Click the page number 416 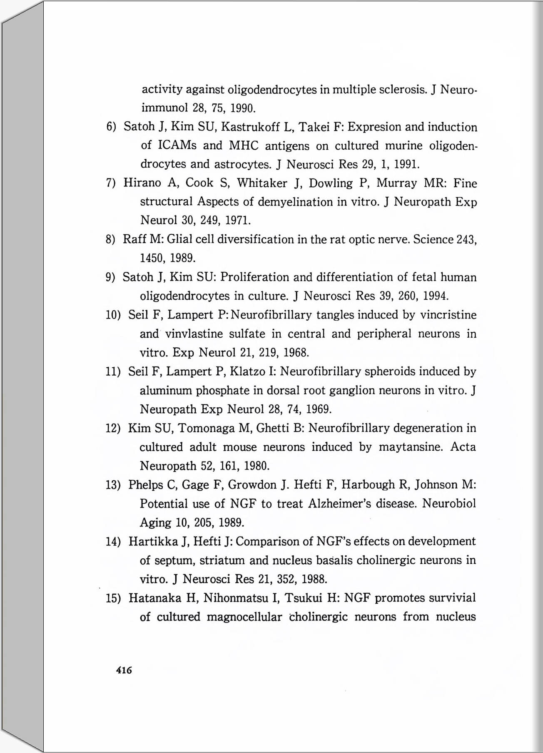124,670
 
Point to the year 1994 436,296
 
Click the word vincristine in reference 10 448,315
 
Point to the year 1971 238,220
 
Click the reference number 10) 113,315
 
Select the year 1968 296,353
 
